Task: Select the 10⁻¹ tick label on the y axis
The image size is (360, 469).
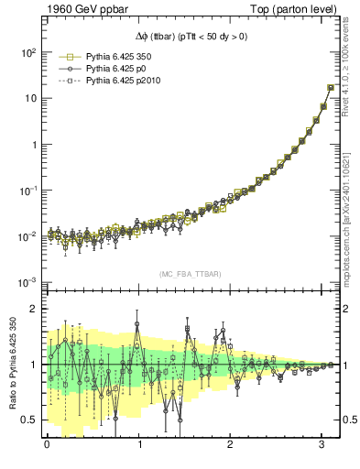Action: [x=28, y=190]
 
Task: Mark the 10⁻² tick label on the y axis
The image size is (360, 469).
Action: [x=28, y=235]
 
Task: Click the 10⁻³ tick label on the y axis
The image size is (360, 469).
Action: [x=28, y=281]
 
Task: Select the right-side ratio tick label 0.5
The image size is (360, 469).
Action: [x=345, y=420]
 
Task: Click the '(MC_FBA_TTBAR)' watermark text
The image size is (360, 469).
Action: [x=190, y=275]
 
